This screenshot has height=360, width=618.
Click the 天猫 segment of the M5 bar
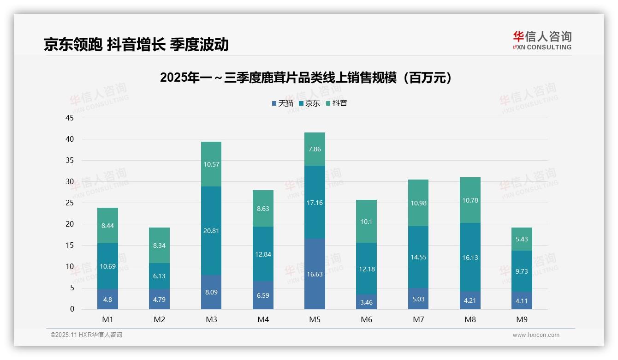click(315, 274)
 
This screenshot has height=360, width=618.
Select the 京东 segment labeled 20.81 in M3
click(211, 231)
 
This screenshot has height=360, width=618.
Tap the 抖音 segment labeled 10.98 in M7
click(418, 203)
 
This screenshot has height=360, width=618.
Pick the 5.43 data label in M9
click(522, 240)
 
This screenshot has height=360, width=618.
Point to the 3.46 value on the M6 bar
click(367, 303)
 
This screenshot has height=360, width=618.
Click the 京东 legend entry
click(309, 103)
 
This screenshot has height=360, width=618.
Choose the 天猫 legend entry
click(282, 103)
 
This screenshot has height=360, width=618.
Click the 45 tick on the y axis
click(70, 118)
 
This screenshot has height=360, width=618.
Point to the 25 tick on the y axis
click(70, 203)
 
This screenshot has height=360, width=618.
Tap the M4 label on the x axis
click(263, 319)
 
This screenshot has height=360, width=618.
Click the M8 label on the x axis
click(470, 319)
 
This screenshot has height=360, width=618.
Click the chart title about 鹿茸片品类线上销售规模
click(306, 78)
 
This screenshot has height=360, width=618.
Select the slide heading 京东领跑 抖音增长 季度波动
click(136, 44)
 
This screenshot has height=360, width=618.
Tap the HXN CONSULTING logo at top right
click(542, 41)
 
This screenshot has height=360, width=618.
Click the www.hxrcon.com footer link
click(536, 335)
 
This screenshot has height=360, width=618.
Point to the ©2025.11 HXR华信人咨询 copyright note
click(86, 335)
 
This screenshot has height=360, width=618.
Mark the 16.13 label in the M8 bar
click(470, 258)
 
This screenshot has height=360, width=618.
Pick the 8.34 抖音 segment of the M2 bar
click(159, 246)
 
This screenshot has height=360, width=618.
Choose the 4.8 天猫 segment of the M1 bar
click(107, 300)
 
